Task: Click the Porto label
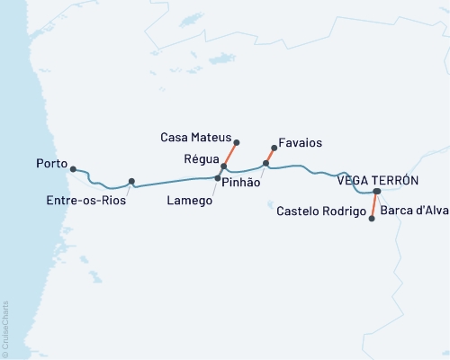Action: [52, 165]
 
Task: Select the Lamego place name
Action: [190, 201]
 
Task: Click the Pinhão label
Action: [240, 183]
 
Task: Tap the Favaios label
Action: [301, 143]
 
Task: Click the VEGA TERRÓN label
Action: [378, 180]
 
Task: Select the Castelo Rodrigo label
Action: [321, 211]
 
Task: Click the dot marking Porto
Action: [73, 168]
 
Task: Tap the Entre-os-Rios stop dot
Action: [131, 182]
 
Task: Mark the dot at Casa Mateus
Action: [236, 142]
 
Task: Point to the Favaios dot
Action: [273, 148]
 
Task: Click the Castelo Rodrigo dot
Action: [373, 218]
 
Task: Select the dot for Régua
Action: [223, 167]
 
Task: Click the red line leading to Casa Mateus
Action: [229, 155]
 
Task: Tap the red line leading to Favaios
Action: [269, 156]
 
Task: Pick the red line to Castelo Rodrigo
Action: [374, 205]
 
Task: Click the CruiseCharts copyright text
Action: [5, 329]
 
